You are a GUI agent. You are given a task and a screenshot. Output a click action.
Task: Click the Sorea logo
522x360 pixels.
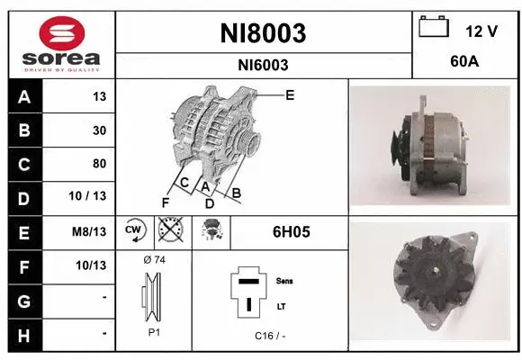[x=59, y=42]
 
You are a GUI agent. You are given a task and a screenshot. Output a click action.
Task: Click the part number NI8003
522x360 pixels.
[x=263, y=33]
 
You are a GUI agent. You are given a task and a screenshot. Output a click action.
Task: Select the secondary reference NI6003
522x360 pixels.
[x=263, y=65]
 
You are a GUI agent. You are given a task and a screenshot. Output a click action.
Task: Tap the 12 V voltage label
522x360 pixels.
[x=481, y=31]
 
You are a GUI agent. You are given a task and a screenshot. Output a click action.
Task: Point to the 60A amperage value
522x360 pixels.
[x=463, y=64]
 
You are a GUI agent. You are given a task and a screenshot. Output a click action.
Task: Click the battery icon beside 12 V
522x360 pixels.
[x=434, y=27]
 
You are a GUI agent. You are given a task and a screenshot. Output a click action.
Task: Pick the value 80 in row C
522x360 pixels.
[x=99, y=164]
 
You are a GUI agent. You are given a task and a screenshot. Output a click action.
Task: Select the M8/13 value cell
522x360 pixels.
[x=93, y=230]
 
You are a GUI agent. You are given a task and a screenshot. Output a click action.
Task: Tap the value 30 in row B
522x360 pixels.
[x=99, y=130]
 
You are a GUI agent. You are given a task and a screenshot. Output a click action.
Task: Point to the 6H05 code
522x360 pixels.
[x=291, y=231]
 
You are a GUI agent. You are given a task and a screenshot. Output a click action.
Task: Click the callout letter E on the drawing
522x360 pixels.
[x=289, y=94]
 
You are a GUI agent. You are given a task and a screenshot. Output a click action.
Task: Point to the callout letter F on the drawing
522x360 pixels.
[x=165, y=202]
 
